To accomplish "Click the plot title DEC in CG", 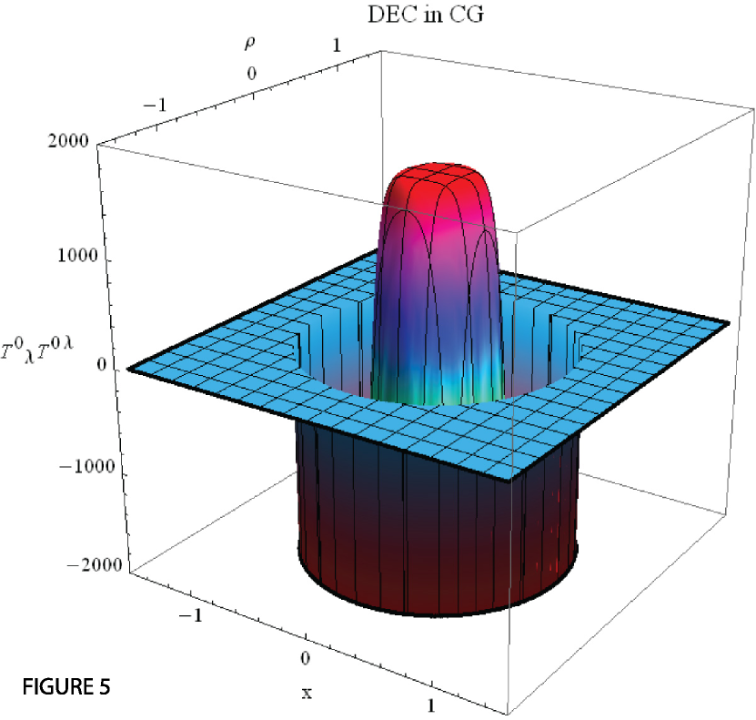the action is coord(426,15).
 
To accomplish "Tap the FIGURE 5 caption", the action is coord(66,686).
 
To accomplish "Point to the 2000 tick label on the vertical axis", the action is coord(68,141).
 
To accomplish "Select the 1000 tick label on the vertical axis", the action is coord(78,255).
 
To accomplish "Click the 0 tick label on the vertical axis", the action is coord(101,364).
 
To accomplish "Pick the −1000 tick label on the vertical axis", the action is coord(86,466).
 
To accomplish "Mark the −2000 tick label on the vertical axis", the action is coord(94,564).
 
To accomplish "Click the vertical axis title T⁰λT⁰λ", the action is coord(36,350).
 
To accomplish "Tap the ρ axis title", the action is coord(250,44).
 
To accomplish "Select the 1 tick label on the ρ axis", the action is coord(336,46).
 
